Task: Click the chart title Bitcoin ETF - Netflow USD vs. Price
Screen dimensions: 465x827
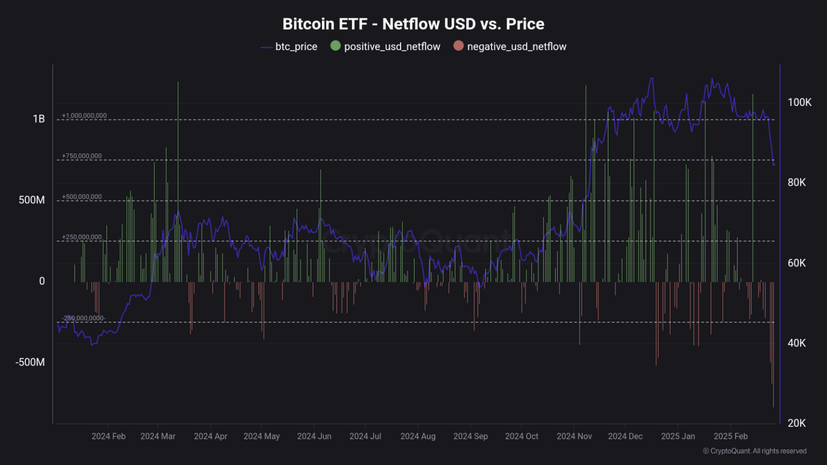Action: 413,24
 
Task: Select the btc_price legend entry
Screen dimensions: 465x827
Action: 289,47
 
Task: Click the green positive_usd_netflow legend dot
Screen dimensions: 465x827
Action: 335,46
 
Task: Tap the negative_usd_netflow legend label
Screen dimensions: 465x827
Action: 516,47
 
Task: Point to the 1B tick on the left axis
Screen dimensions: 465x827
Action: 39,119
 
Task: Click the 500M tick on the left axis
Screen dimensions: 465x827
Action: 32,200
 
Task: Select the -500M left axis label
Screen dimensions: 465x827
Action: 30,362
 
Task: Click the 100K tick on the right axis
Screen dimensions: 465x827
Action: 799,102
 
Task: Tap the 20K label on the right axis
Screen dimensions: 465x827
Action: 796,423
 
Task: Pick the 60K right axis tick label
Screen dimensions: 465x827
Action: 796,263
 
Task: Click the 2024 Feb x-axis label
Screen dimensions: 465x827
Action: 108,436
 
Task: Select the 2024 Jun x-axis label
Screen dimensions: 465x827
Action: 314,436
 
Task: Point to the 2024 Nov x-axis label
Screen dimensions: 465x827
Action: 574,436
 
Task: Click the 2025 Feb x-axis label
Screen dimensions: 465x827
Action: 731,436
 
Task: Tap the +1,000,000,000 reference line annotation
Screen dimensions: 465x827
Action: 84,116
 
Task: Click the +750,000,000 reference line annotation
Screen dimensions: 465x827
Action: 82,156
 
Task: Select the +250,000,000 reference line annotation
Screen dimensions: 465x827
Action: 82,237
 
